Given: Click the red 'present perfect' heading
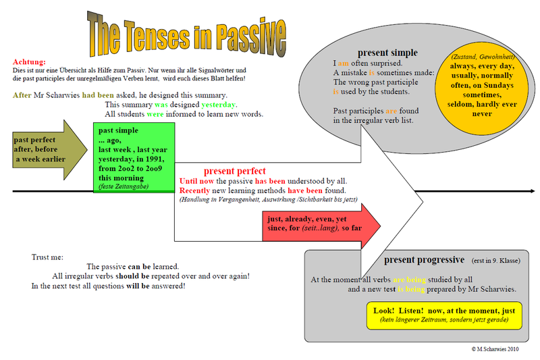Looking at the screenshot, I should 234,172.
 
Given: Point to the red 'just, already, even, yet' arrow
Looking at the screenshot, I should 317,226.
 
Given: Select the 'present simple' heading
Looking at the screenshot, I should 387,53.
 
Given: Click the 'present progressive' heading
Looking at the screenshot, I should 424,260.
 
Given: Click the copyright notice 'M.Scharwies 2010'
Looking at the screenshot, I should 498,349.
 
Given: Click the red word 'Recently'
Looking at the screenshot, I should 196,191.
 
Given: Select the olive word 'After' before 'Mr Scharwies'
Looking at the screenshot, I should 22,95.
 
